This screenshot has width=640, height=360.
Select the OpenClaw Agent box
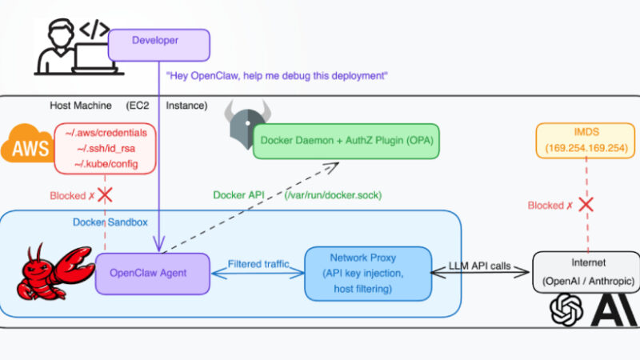tap(153, 273)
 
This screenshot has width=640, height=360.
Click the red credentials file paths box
tap(106, 147)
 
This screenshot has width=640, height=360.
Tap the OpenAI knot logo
tap(566, 310)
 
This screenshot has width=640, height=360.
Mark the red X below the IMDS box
tap(586, 204)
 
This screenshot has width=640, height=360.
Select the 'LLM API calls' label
tap(482, 264)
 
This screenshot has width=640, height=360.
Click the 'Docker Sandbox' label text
tap(110, 222)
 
